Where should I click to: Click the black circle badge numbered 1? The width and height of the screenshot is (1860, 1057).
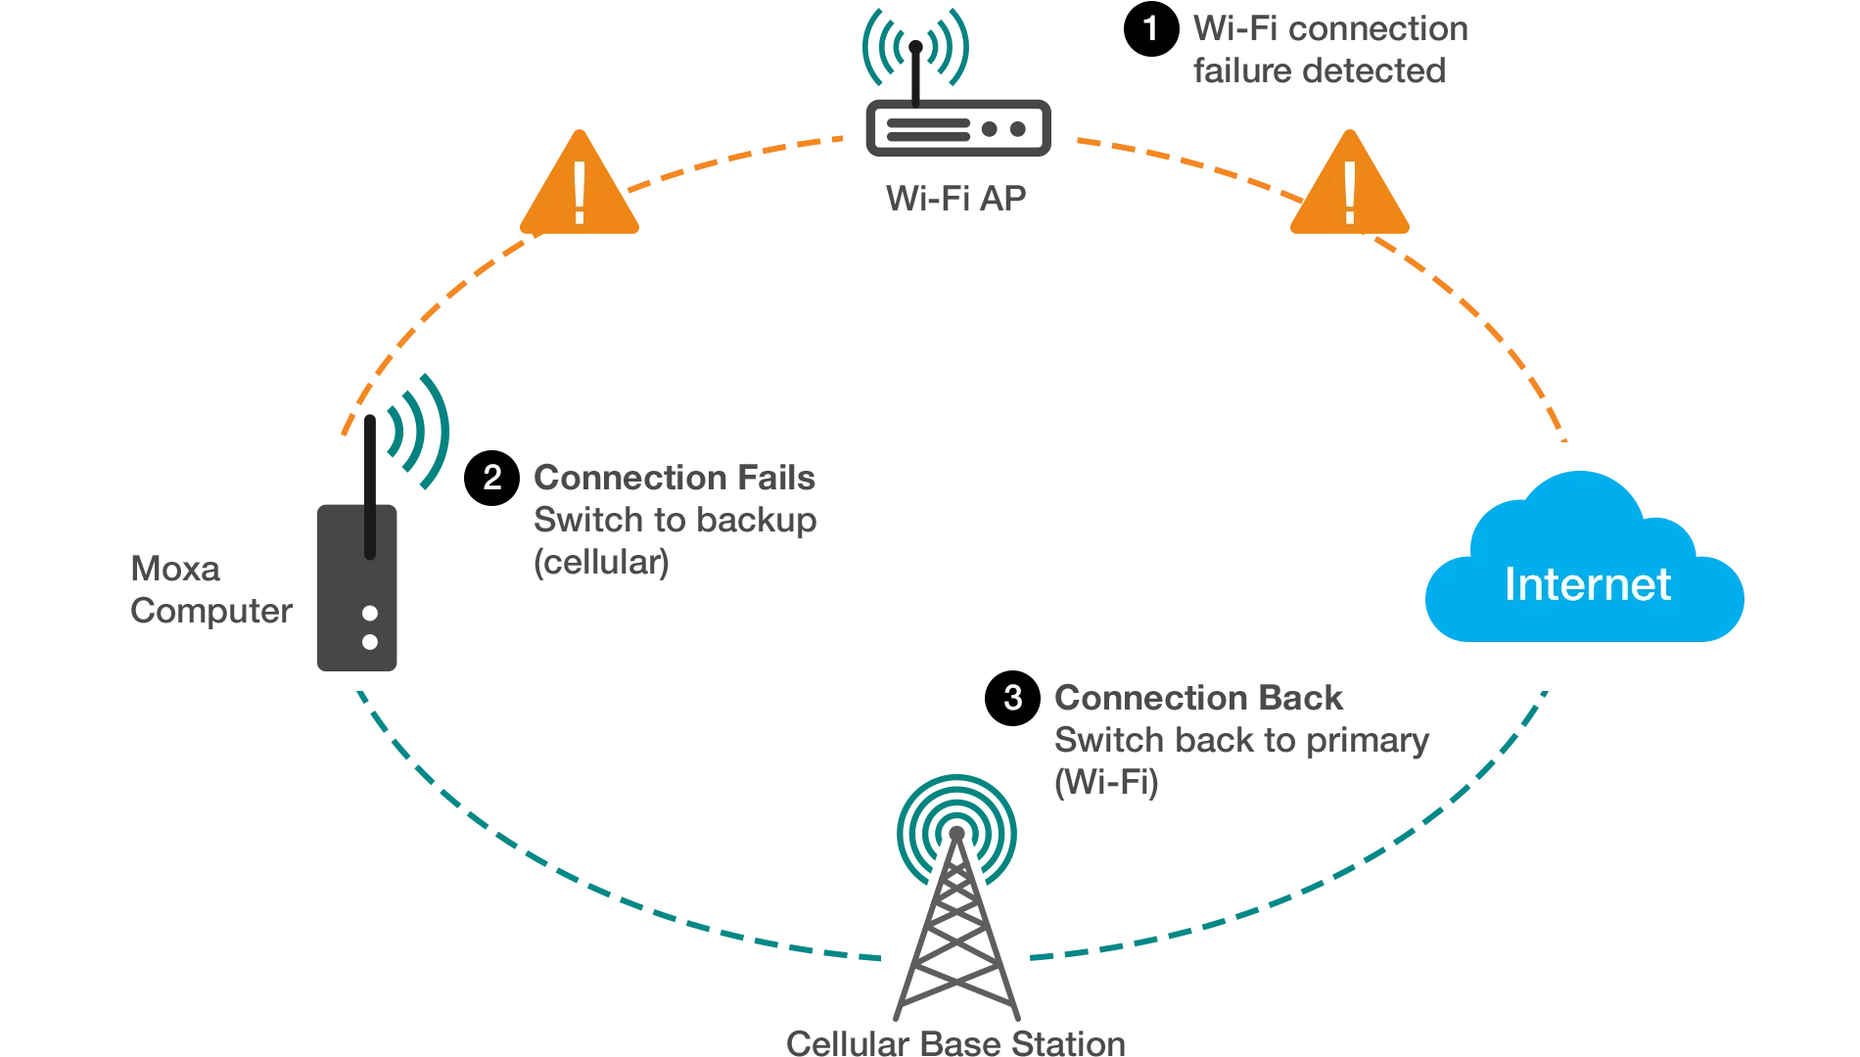pyautogui.click(x=1149, y=30)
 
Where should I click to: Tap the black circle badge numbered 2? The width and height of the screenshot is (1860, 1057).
pyautogui.click(x=491, y=478)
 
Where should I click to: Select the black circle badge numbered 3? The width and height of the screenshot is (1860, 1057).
pyautogui.click(x=1011, y=697)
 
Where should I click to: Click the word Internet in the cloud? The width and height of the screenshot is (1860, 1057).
pyautogui.click(x=1587, y=584)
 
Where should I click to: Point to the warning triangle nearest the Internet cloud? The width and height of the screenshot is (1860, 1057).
pyautogui.click(x=1349, y=188)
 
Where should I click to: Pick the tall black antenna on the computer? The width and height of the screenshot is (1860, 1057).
pyautogui.click(x=368, y=480)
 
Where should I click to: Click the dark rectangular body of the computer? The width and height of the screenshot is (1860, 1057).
pyautogui.click(x=355, y=607)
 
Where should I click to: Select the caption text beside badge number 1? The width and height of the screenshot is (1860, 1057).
pyautogui.click(x=1326, y=49)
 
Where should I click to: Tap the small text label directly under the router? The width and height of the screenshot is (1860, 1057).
pyautogui.click(x=954, y=196)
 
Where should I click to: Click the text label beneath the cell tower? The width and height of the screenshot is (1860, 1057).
pyautogui.click(x=954, y=1041)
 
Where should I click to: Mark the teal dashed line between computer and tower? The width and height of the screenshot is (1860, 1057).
pyautogui.click(x=548, y=861)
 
